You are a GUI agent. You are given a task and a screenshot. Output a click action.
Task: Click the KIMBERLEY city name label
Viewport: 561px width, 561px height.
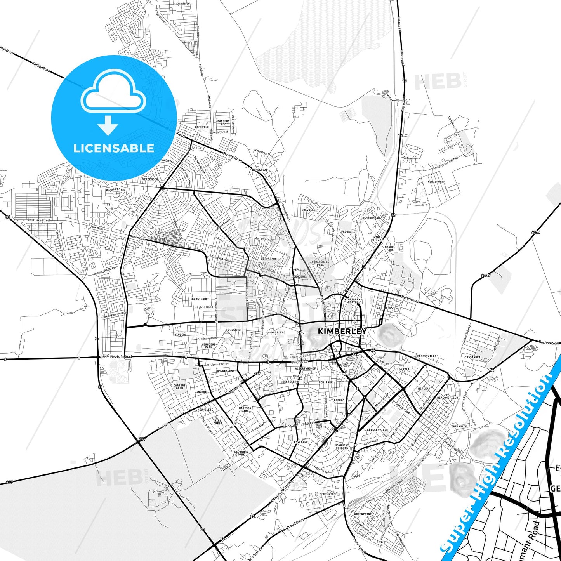tap(342, 331)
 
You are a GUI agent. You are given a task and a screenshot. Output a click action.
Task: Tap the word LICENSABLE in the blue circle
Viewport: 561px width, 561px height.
tap(114, 148)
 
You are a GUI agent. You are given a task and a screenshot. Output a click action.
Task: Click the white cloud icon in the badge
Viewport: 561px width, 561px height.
tap(113, 93)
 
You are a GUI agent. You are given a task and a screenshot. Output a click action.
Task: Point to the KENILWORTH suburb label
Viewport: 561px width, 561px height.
tap(436, 182)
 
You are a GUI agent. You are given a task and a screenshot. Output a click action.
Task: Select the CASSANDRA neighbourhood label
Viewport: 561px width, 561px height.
tap(472, 357)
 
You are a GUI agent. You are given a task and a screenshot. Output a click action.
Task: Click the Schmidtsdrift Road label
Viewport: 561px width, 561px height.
tap(116, 356)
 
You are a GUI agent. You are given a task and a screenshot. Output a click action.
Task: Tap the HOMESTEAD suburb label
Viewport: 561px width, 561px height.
tap(260, 170)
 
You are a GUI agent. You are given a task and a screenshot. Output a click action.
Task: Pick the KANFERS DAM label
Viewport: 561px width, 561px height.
tap(224, 122)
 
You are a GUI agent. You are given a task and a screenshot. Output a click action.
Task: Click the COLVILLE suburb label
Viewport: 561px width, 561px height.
tap(308, 210)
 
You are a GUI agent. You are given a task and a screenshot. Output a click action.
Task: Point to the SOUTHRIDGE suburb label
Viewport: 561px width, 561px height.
tap(328, 494)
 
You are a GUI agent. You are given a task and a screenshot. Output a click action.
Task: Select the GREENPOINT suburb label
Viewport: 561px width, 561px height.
tap(363, 514)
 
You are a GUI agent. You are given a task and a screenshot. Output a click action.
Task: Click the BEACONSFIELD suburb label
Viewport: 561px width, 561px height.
tap(447, 398)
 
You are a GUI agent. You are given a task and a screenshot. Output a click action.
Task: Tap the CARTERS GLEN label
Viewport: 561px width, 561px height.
tap(179, 387)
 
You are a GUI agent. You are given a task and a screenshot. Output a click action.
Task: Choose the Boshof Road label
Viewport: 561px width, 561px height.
tap(549, 343)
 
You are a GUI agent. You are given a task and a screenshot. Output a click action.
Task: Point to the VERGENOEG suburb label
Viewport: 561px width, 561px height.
tap(150, 179)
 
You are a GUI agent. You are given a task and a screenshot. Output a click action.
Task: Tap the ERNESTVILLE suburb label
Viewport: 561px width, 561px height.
tap(427, 356)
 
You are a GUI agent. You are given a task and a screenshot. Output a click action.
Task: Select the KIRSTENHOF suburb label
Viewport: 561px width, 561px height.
tap(201, 299)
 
